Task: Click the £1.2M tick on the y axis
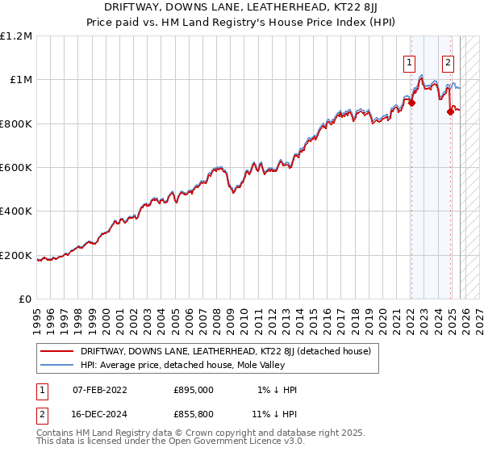(16, 36)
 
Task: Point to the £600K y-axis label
(16, 168)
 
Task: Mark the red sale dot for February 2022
(411, 103)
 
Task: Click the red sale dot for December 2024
(450, 111)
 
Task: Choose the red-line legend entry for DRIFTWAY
(225, 352)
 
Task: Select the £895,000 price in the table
(193, 390)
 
